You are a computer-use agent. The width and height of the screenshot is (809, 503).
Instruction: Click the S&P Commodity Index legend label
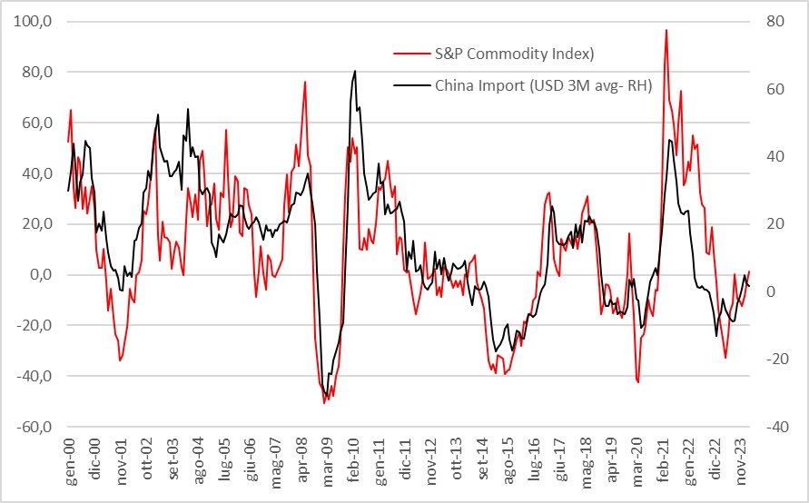[515, 54]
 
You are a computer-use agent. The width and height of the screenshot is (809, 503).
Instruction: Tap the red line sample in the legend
[410, 54]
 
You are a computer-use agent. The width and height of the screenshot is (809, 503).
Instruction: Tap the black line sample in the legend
[410, 87]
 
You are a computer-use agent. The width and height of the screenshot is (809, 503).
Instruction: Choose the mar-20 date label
[640, 465]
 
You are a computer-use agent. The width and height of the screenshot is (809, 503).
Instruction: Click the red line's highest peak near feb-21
[666, 30]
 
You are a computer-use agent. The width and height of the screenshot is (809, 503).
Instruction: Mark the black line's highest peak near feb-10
[354, 71]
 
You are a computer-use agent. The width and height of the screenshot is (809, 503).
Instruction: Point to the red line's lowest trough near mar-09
[324, 402]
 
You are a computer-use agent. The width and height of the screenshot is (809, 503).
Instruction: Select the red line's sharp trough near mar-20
[638, 382]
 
